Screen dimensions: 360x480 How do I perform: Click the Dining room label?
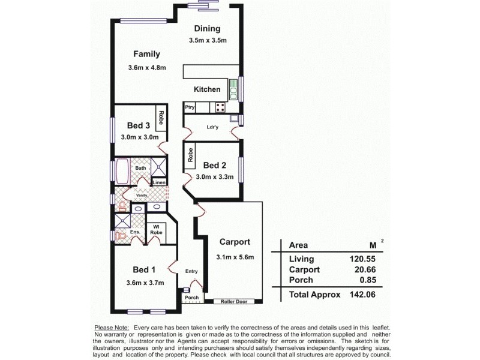207,28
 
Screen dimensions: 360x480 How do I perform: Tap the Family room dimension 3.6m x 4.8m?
146,68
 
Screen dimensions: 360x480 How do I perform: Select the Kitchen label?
207,89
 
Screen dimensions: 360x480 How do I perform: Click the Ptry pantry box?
190,107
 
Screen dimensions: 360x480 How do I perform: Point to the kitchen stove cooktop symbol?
220,107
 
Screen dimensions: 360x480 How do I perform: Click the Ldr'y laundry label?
212,127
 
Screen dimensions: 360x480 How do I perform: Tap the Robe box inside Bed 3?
161,118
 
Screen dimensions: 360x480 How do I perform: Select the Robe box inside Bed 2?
190,156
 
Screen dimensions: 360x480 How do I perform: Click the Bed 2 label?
214,165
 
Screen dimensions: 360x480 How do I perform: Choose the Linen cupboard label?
159,182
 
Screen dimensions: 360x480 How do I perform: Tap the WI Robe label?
155,229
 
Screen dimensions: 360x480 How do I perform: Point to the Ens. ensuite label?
134,232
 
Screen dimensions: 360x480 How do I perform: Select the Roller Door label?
233,301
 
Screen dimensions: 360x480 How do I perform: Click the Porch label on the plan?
191,298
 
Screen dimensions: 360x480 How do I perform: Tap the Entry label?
191,271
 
